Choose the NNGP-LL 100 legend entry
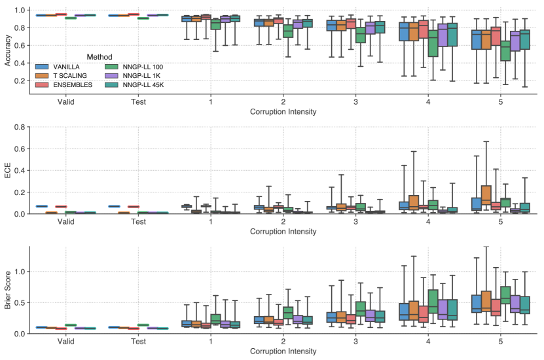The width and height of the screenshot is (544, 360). pos(136,67)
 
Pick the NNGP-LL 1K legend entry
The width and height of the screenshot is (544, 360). pos(134,75)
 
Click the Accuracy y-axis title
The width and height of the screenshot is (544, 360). pos(8,50)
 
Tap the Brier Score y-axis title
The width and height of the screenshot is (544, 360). pos(8,290)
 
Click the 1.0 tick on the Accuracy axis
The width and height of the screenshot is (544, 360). pos(20,10)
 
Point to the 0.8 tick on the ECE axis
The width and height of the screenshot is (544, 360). pos(20,127)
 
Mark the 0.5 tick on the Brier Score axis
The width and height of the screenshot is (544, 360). pos(20,302)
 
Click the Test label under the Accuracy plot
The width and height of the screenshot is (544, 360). pos(138,102)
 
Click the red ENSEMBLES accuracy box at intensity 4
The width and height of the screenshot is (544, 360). pos(423,38)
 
